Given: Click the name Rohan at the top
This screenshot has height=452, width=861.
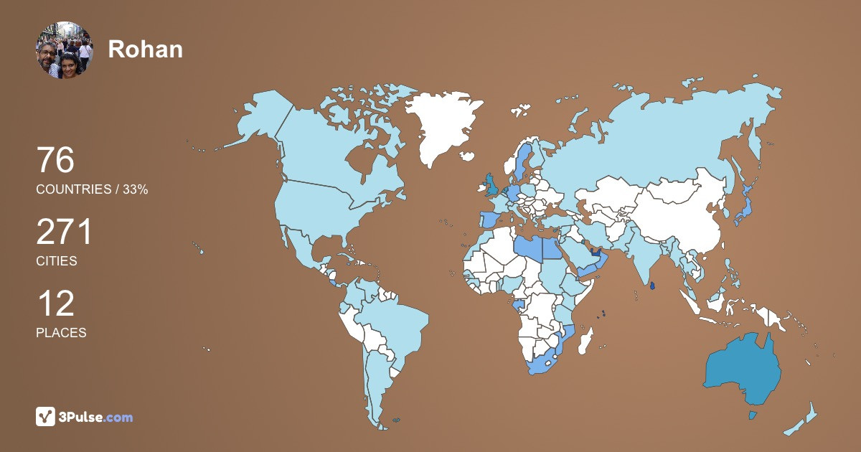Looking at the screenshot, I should coord(145,49).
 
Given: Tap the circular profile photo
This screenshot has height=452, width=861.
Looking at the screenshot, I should coord(65,50).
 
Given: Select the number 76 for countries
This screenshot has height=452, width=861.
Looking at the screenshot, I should coord(55,161).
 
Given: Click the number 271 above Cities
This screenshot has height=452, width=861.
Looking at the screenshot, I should coord(65,233).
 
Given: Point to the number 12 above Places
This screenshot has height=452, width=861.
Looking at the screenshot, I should coord(55,304).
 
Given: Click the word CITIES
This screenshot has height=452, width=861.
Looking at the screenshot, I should coord(56,261).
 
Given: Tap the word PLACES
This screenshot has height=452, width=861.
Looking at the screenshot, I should coord(61,333).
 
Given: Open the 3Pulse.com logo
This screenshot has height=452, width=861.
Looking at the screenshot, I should coord(84,417).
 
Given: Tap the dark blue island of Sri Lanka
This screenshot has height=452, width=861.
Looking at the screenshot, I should coord(652,286).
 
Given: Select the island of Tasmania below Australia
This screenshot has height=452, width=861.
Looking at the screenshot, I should coord(753,415).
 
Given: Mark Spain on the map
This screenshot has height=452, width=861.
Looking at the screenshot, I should coord(488,219).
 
